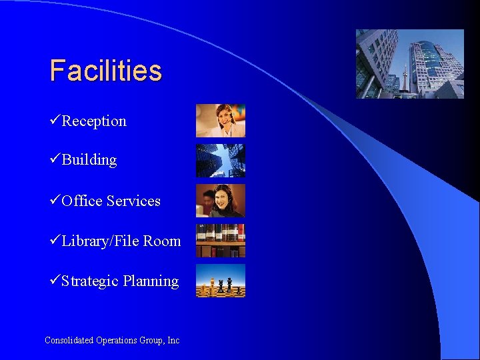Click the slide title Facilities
105,70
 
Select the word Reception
94,121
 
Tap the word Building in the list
89,160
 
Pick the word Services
133,201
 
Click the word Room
162,241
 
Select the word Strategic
90,281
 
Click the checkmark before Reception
55,121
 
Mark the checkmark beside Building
55,159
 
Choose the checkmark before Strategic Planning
55,281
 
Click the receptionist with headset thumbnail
220,121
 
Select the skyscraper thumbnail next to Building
220,160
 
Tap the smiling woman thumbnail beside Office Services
220,201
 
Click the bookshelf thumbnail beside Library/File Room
220,241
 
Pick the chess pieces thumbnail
220,281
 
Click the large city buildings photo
409,64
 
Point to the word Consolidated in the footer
69,340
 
